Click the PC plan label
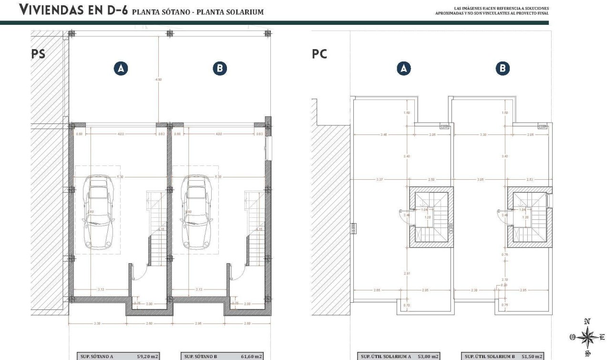319,54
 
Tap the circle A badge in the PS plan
121,69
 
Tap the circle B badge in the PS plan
219,69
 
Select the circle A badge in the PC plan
404,69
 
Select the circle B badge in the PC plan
502,69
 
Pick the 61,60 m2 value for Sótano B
251,356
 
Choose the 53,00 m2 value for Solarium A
428,356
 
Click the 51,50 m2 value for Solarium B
532,356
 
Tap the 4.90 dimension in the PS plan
158,79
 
